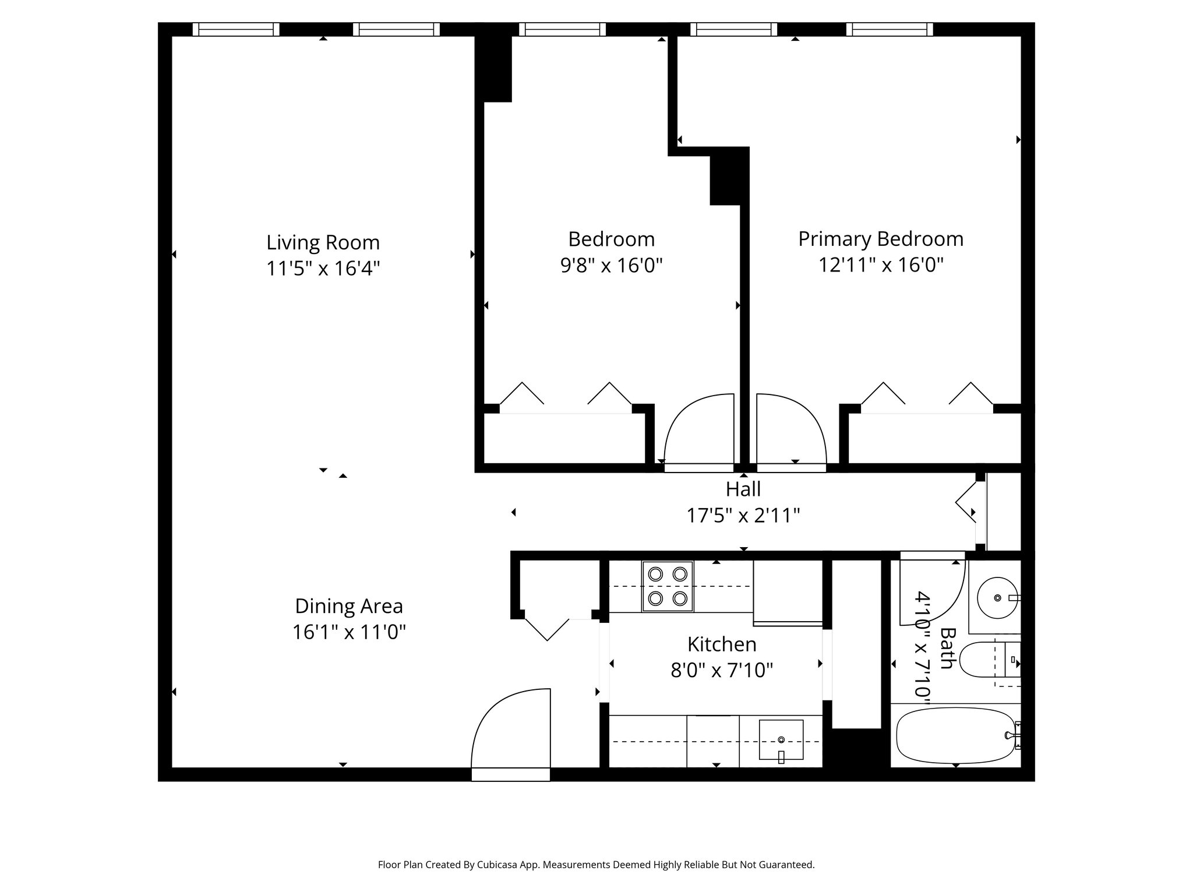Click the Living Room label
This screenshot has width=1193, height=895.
[323, 242]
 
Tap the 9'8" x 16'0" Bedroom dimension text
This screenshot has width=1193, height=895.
[611, 266]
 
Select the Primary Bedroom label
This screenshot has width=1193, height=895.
[880, 239]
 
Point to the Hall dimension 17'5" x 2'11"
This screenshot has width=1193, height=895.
[743, 516]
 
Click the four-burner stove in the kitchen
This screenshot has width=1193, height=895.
[668, 586]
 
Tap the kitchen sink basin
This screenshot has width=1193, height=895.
[781, 739]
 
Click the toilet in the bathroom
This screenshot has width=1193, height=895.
[984, 660]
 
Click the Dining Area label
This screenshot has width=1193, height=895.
[348, 607]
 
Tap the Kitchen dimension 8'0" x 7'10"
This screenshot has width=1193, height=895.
[721, 671]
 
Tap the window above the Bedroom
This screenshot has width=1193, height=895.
[562, 29]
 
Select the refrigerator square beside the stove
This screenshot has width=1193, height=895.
[788, 592]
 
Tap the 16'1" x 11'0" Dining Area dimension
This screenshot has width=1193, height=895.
[348, 632]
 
